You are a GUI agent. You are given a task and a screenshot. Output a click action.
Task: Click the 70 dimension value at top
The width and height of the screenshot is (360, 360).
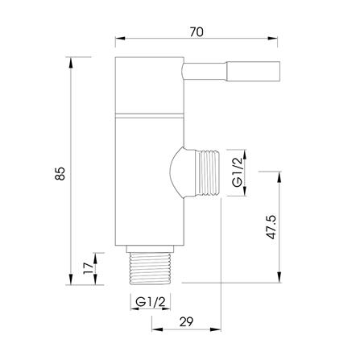click(197, 32)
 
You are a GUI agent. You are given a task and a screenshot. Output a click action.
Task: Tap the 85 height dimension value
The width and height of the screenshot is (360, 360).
click(60, 173)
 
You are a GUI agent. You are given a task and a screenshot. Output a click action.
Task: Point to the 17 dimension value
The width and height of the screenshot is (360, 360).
click(88, 268)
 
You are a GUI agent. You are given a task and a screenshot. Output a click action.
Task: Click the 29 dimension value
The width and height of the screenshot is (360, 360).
click(186, 321)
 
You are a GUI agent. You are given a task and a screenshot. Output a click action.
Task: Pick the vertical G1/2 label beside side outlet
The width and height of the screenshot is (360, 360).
click(238, 172)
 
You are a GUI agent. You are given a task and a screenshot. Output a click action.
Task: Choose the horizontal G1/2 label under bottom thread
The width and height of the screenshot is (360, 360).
click(151, 302)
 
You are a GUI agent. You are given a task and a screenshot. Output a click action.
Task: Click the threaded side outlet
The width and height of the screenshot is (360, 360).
click(208, 173)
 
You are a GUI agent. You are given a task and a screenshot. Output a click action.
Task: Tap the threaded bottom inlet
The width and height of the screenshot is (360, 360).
click(150, 268)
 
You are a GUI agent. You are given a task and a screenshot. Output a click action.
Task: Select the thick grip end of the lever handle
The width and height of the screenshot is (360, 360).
click(254, 71)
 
